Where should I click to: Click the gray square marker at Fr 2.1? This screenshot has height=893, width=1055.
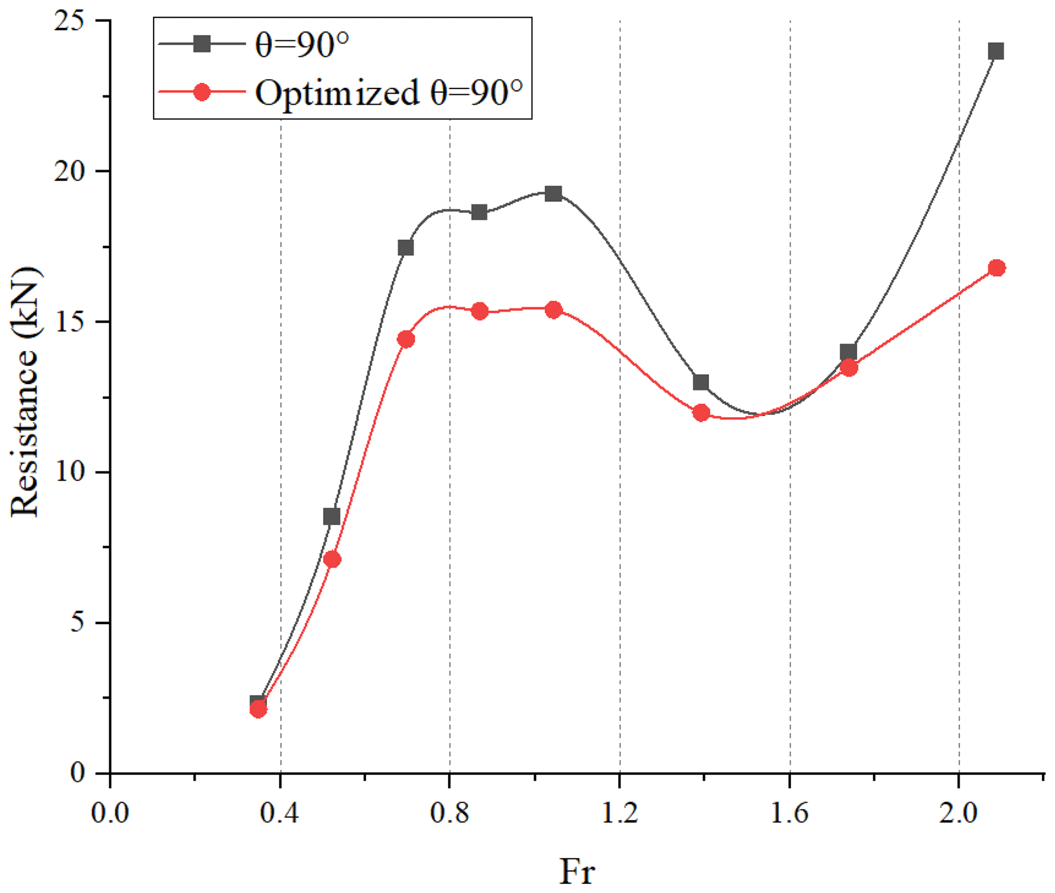995,51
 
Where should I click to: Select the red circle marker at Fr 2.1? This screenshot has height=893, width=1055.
996,268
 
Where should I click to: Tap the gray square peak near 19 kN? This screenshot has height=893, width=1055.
553,194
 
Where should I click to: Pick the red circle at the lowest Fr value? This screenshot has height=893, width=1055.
258,709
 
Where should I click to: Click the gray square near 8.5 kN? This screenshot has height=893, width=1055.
332,516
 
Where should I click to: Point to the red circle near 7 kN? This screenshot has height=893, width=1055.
332,560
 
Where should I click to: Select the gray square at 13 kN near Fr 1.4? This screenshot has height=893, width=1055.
701,382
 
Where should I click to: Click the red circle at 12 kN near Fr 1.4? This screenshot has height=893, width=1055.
701,413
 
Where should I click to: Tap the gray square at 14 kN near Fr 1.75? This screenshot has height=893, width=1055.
848,352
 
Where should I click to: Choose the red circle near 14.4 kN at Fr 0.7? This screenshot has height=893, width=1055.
406,339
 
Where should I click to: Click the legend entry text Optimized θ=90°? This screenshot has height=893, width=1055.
389,92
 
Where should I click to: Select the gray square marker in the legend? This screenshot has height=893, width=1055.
202,44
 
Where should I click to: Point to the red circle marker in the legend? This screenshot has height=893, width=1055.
202,92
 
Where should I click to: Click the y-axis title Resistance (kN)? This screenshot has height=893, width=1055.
24,392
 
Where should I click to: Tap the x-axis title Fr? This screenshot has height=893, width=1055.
577,871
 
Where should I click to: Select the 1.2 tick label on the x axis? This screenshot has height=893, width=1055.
620,812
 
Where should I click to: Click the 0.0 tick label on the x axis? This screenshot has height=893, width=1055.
110,812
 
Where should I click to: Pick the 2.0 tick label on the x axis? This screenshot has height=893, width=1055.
959,812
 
